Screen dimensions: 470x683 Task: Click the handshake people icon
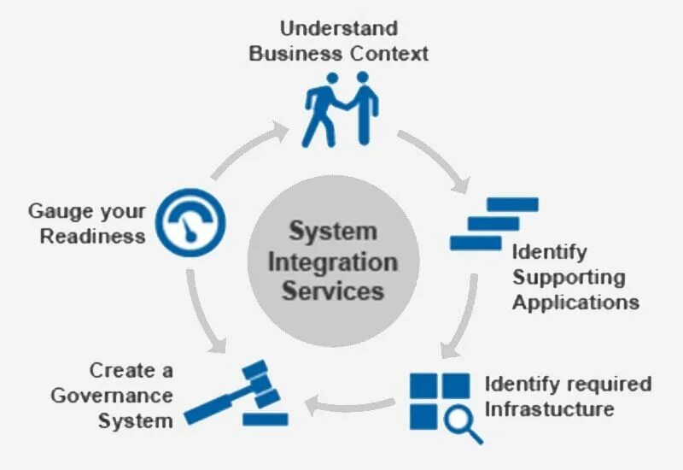pyautogui.click(x=340, y=109)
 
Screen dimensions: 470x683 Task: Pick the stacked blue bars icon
pyautogui.click(x=493, y=223)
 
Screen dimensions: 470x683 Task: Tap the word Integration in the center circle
pyautogui.click(x=333, y=261)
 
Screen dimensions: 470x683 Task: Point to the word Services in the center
pyautogui.click(x=333, y=290)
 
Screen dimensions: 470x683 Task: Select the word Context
pyautogui.click(x=389, y=53)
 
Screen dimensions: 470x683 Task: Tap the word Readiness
pyautogui.click(x=92, y=237)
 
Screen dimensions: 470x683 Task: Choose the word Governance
pyautogui.click(x=111, y=396)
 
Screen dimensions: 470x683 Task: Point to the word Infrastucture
pyautogui.click(x=549, y=408)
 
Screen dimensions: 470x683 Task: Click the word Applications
pyautogui.click(x=575, y=302)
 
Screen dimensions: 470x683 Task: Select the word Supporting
pyautogui.click(x=568, y=277)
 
